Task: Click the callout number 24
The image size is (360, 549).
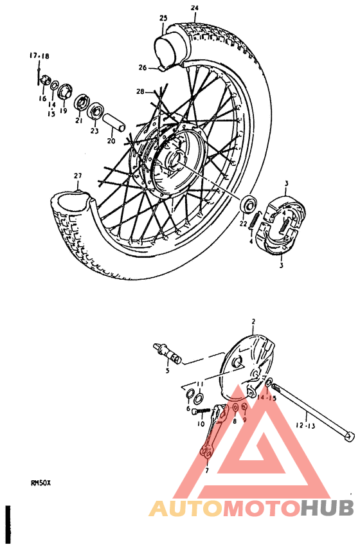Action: pos(195,8)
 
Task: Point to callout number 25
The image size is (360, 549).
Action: pos(163,17)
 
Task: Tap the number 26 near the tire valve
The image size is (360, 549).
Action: pos(143,67)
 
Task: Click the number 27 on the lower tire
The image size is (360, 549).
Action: pos(78,175)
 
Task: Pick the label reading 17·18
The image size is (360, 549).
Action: pos(39,57)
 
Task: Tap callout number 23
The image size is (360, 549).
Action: pos(94,130)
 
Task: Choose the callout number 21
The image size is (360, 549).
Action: pos(78,120)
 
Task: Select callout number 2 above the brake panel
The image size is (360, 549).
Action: pos(253,321)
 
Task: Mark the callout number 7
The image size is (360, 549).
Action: pos(207,471)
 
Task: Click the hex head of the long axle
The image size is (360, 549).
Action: pos(348,437)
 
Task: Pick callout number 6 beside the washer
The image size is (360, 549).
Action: pos(188,408)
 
